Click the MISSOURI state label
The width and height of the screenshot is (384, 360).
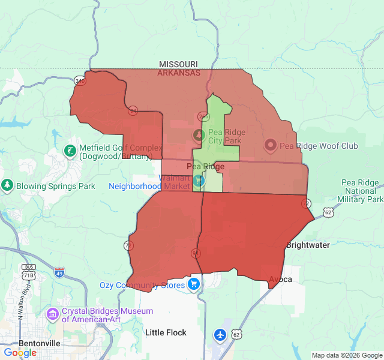178,64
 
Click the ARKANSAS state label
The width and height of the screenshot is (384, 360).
178,73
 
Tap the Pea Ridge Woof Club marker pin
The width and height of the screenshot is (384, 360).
270,145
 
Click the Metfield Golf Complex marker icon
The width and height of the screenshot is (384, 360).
70,149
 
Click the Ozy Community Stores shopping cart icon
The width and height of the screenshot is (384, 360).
194,283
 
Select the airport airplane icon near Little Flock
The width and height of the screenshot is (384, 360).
221,334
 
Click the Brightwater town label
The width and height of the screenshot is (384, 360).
308,245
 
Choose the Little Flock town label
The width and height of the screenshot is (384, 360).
166,332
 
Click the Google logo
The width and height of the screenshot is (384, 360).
20,352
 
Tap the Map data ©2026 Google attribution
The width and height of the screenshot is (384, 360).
346,355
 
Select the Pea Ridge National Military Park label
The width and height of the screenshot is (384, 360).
360,191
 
